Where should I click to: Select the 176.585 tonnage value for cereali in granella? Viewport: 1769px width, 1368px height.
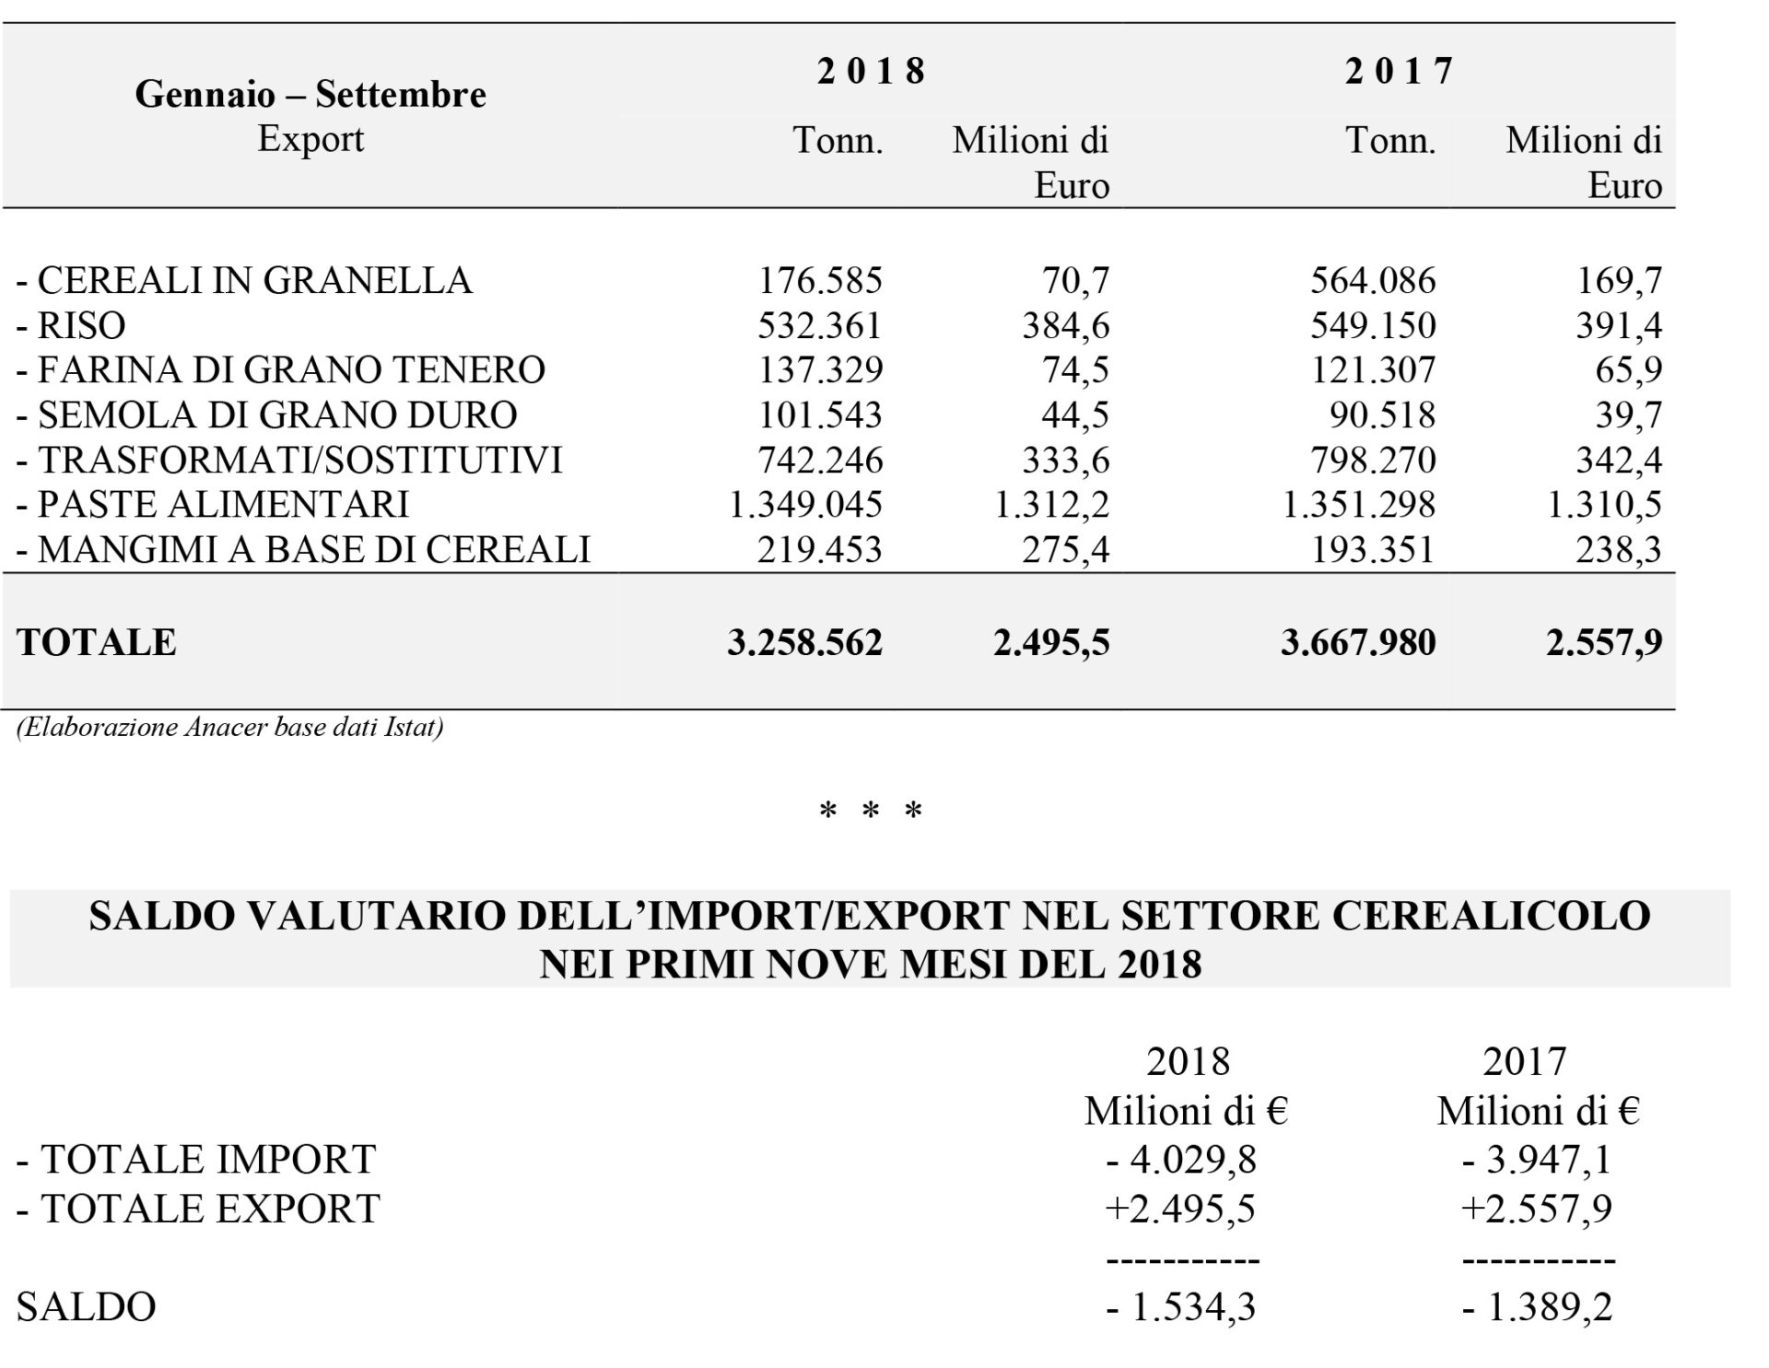click(820, 280)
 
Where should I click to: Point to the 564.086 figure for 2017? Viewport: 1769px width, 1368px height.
click(1373, 280)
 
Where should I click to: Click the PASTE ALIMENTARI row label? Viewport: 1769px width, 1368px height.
click(213, 504)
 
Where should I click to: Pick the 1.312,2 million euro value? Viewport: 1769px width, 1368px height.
click(1052, 505)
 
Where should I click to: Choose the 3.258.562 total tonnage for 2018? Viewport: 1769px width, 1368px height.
click(804, 643)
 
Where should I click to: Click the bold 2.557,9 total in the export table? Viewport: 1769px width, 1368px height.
click(1604, 643)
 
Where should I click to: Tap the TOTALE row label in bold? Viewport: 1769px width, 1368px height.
click(96, 643)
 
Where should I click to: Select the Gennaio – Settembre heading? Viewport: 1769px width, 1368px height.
click(310, 94)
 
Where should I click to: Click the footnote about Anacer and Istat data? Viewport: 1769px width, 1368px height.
click(230, 728)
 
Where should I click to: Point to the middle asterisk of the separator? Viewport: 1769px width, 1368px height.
click(871, 811)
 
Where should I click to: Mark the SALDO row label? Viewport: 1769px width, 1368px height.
click(86, 1307)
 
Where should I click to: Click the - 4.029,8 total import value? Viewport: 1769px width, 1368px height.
click(1181, 1159)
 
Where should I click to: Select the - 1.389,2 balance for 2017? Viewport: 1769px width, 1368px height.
click(1538, 1307)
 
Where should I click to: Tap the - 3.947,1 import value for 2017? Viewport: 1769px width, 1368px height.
click(1538, 1159)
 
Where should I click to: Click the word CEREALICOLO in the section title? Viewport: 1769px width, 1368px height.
click(1479, 916)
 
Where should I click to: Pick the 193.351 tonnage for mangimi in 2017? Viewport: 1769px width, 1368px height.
click(1373, 549)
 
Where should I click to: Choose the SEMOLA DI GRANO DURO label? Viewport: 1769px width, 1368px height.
click(267, 415)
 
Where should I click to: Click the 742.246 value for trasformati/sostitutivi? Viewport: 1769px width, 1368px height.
click(820, 460)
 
